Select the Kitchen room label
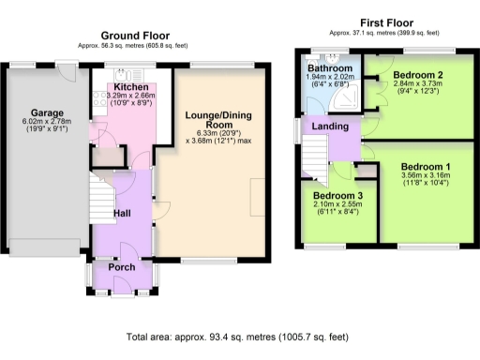click(x=130, y=86)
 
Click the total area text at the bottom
click(x=238, y=336)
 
